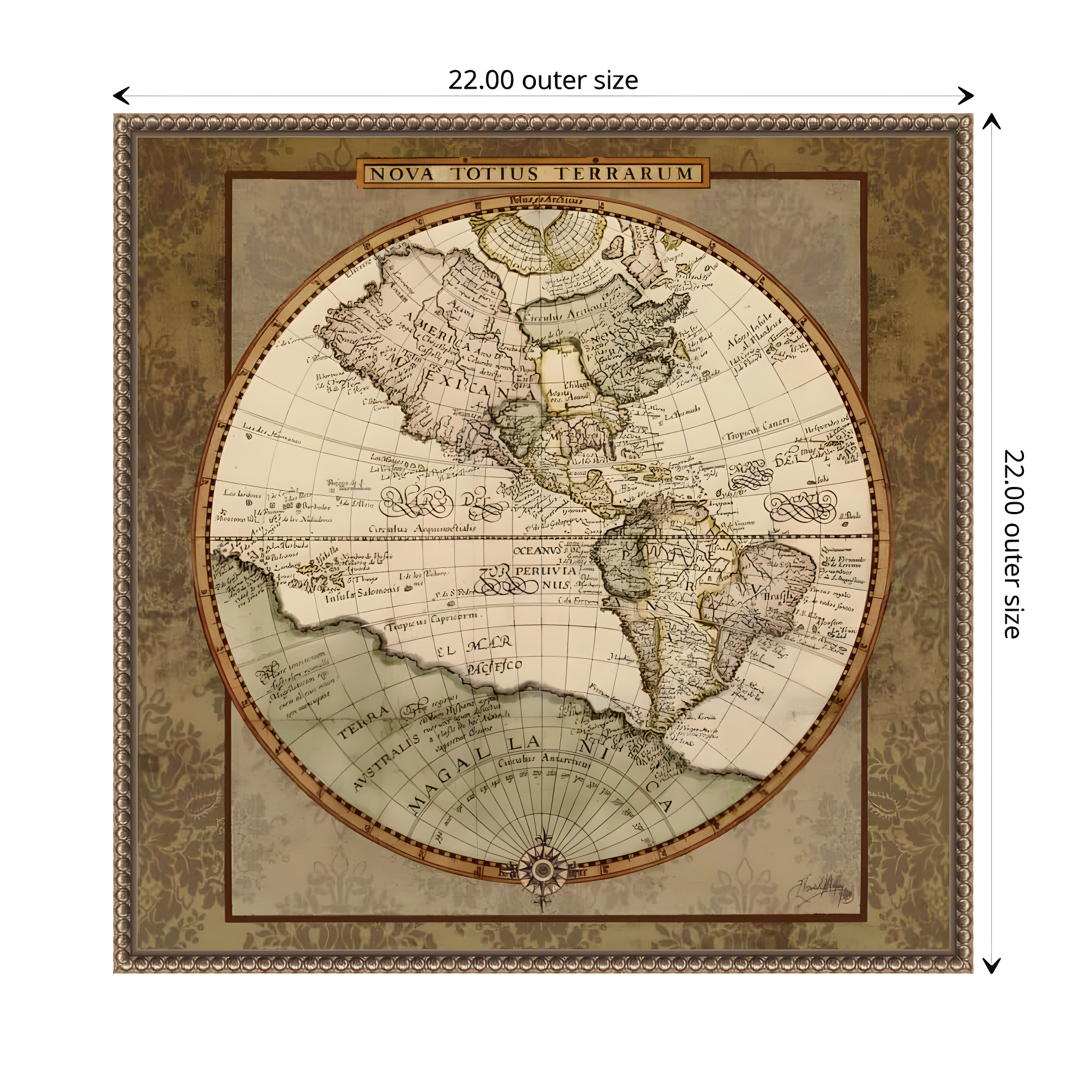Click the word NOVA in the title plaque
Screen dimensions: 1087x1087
coord(402,174)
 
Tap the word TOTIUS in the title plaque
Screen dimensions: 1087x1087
coord(496,174)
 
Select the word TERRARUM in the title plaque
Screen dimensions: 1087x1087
coord(624,174)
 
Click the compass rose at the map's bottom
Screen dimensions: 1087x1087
coord(542,870)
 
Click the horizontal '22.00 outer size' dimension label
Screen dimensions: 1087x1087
coord(543,80)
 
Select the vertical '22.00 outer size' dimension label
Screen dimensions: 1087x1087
coord(1013,543)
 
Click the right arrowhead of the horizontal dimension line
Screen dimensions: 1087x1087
coord(966,96)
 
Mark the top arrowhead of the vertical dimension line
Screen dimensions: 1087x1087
coord(991,121)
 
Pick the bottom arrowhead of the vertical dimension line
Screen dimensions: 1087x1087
coord(991,966)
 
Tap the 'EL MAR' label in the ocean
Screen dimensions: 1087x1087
coord(474,647)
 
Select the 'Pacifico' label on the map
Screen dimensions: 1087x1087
coord(494,667)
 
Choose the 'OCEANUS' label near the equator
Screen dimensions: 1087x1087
coord(538,550)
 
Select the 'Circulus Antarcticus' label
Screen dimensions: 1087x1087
coord(544,761)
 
